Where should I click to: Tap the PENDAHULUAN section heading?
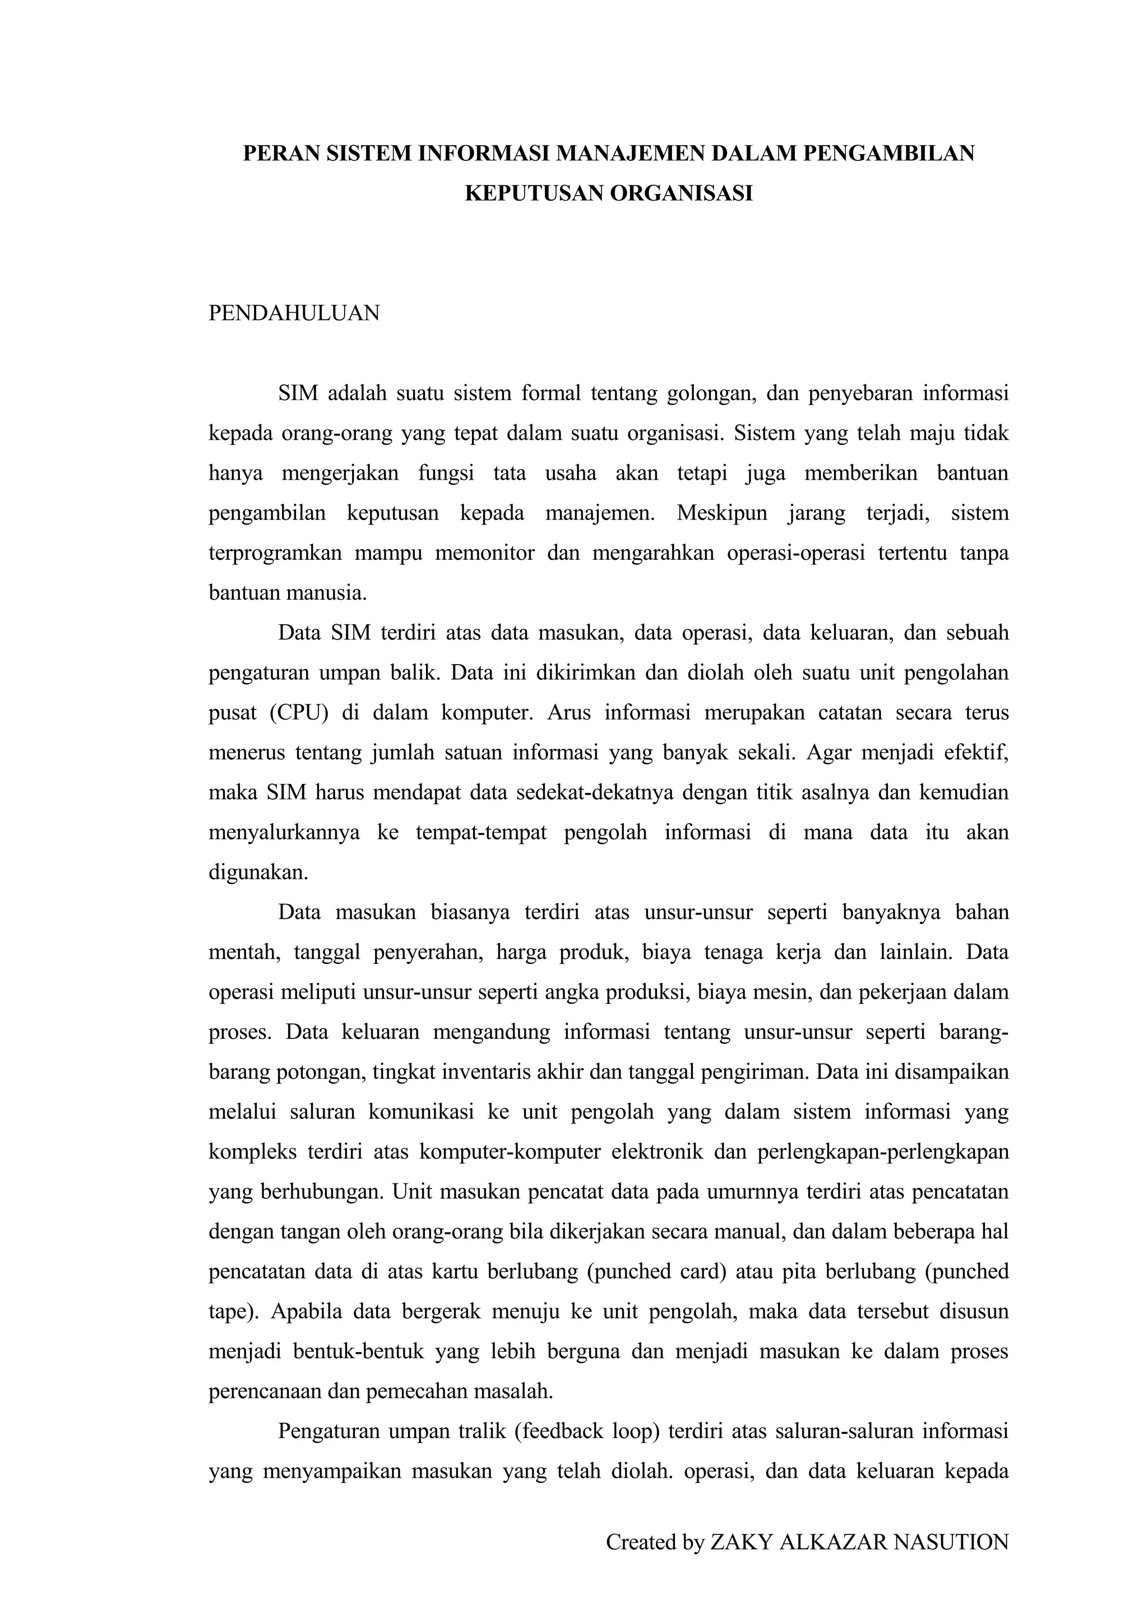point(294,313)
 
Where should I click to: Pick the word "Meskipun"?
point(721,513)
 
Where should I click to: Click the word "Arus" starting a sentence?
point(569,712)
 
